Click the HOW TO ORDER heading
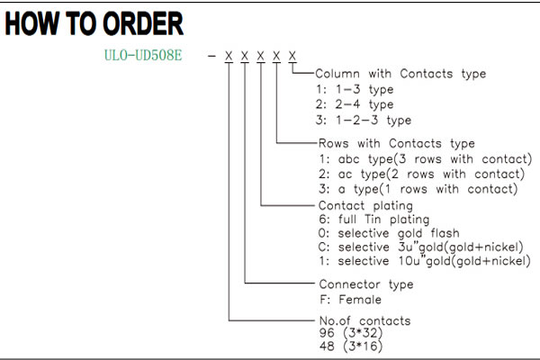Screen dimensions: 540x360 pyautogui.click(x=94, y=23)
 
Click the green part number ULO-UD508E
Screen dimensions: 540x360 pyautogui.click(x=143, y=55)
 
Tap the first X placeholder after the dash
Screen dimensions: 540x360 pyautogui.click(x=229, y=56)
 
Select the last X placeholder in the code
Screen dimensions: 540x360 pyautogui.click(x=292, y=56)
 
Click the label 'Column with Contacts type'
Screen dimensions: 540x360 pyautogui.click(x=400, y=74)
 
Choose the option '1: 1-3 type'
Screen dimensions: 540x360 pyautogui.click(x=355, y=90)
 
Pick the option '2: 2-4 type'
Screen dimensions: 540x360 pyautogui.click(x=355, y=104)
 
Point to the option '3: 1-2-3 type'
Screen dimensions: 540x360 pyautogui.click(x=364, y=120)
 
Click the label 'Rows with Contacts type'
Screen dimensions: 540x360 pyautogui.click(x=397, y=143)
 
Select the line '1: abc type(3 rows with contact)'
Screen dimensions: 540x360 pyautogui.click(x=426, y=159)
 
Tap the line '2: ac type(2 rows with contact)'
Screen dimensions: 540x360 pyautogui.click(x=422, y=174)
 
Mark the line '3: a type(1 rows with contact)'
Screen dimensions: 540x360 pyautogui.click(x=418, y=189)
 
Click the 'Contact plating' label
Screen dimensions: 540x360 pyautogui.click(x=365, y=206)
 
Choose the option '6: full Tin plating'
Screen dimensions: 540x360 pyautogui.click(x=374, y=220)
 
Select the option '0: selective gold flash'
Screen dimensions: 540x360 pyautogui.click(x=389, y=233)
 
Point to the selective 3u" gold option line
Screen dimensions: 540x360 pyautogui.click(x=421, y=247)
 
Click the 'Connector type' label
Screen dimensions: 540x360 pyautogui.click(x=366, y=284)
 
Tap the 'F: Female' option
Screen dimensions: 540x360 pyautogui.click(x=351, y=300)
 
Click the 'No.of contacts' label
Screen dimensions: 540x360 pyautogui.click(x=365, y=321)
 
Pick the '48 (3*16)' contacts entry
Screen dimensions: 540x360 pyautogui.click(x=351, y=346)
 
